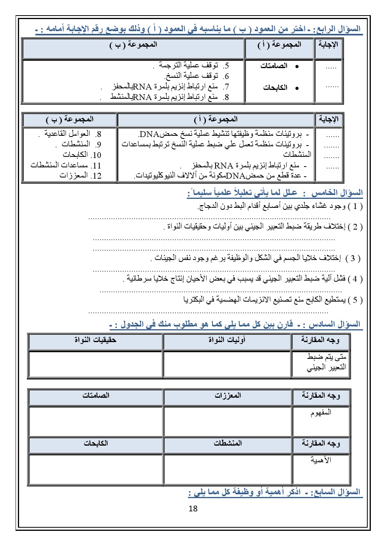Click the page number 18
tap(193, 508)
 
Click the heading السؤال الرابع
tap(338, 29)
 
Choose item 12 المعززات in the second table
tap(80, 176)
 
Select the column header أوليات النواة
tap(227, 340)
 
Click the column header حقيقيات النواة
tap(95, 340)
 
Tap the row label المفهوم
tap(321, 413)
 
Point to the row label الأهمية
tap(321, 460)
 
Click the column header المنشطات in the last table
tap(228, 443)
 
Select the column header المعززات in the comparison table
tap(228, 395)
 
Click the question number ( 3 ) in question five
tap(353, 258)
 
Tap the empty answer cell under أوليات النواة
tap(227, 364)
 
